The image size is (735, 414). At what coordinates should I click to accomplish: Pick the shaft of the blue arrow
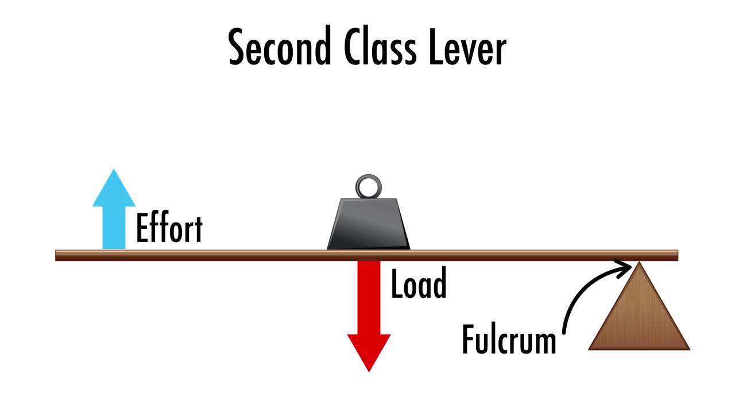click(x=114, y=227)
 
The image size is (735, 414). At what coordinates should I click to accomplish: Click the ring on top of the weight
click(x=367, y=186)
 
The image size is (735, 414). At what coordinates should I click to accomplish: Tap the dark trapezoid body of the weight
click(x=368, y=224)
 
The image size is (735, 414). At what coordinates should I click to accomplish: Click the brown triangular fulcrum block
click(x=639, y=316)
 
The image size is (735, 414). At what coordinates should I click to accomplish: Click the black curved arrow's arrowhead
click(x=628, y=266)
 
